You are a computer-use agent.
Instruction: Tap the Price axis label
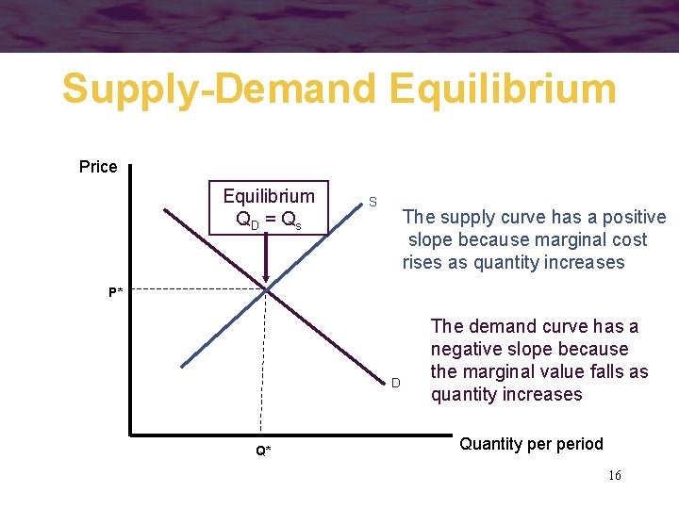(98, 167)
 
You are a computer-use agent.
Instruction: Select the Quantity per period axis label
(530, 443)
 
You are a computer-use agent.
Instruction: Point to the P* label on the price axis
(115, 292)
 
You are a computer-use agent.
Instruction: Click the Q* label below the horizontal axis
(263, 451)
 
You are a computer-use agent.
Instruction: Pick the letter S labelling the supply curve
(373, 203)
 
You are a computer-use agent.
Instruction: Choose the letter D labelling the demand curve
(396, 383)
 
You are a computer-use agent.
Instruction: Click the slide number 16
(614, 475)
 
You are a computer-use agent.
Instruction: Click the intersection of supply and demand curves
(266, 288)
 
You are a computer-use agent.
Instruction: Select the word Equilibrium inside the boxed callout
(269, 196)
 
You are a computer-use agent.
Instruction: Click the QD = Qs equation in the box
(269, 221)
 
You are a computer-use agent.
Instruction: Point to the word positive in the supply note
(631, 218)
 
